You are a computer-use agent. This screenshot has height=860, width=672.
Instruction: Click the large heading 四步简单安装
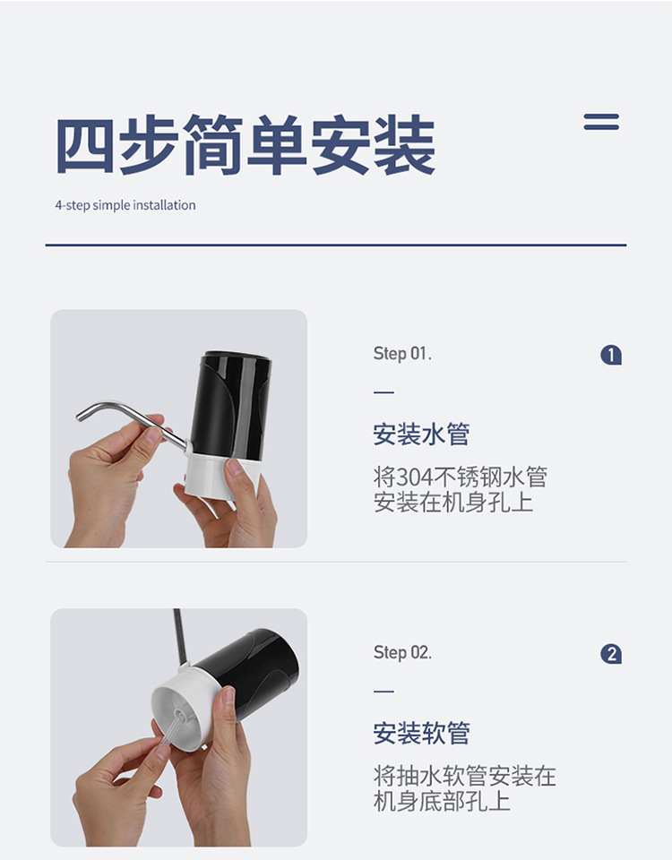(x=245, y=145)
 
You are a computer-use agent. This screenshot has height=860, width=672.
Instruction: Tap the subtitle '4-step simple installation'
(x=125, y=205)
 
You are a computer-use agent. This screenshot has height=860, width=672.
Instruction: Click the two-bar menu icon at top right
(x=601, y=122)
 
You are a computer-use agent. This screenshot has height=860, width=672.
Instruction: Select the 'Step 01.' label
(x=402, y=354)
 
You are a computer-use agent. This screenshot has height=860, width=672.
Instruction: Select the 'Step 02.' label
(x=402, y=653)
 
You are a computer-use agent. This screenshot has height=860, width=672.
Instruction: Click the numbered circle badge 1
(x=611, y=356)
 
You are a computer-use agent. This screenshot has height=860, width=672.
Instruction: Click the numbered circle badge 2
(x=611, y=655)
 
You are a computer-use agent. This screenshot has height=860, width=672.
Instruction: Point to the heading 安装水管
(x=421, y=435)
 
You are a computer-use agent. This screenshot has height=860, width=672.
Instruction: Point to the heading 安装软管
(x=421, y=734)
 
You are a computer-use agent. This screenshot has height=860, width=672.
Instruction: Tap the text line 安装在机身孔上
(x=453, y=502)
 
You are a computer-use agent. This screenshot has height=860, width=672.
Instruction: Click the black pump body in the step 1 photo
(x=231, y=403)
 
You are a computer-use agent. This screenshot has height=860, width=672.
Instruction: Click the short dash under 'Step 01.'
(x=383, y=392)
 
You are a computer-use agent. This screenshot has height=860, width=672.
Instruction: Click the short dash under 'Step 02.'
(x=383, y=692)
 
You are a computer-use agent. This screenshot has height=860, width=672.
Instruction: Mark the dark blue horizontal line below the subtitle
(x=336, y=245)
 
